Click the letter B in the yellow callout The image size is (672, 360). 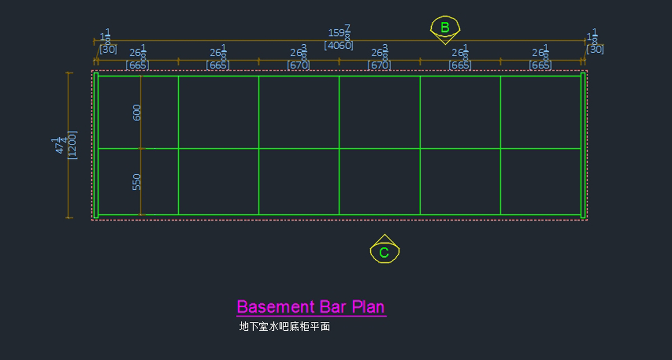(x=445, y=27)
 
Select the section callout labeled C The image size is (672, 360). (x=384, y=251)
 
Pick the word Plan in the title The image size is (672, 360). (x=368, y=307)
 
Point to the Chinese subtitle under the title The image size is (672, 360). (x=284, y=326)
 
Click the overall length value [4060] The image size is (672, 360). (x=339, y=45)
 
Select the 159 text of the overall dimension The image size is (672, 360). (x=336, y=34)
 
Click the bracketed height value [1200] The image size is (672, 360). (x=72, y=145)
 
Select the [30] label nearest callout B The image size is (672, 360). (x=595, y=49)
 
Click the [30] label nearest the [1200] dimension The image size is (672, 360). (x=108, y=49)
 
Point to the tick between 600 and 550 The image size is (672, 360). (x=141, y=148)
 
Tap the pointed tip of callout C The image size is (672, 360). (x=385, y=235)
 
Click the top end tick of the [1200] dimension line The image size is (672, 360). (x=69, y=73)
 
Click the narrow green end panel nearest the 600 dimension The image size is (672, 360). (x=96, y=145)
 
